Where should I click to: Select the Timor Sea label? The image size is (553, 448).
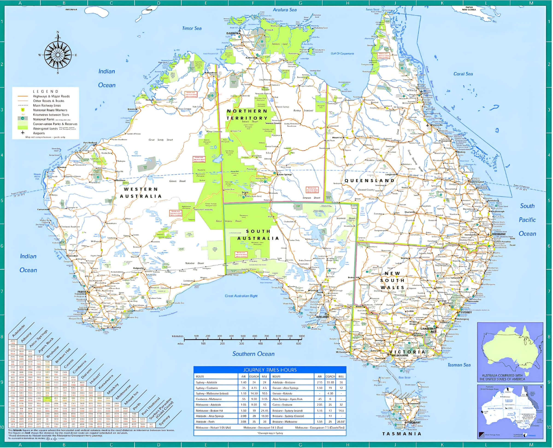192,28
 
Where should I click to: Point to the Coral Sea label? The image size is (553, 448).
463,74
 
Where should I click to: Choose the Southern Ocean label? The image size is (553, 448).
253,354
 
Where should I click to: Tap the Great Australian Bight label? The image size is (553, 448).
241,296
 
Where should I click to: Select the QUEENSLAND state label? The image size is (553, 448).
370,181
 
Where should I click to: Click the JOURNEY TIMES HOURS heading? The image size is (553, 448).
270,370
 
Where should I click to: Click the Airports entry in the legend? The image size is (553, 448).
39,133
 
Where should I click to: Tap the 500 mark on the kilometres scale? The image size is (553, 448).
243,336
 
